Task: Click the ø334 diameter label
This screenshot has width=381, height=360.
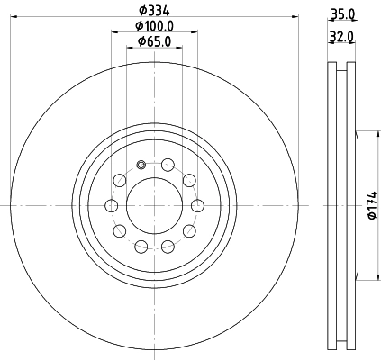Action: pos(154,10)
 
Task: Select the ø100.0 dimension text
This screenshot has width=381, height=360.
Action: pos(154,26)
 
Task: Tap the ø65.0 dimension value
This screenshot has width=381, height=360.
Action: pos(154,42)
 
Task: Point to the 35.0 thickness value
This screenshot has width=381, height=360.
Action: pos(342,13)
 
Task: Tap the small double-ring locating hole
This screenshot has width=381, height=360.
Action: pos(142,164)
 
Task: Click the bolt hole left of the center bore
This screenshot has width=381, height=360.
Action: pos(113,205)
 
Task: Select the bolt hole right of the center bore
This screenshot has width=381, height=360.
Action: pos(197,205)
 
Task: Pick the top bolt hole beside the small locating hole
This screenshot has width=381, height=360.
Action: pos(168,164)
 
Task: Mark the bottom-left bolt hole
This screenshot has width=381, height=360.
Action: pos(141,246)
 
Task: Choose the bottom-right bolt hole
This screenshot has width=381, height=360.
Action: pos(168,246)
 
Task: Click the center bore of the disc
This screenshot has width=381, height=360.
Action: pos(154,205)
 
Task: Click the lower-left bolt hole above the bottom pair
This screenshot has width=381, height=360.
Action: pos(121,230)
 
